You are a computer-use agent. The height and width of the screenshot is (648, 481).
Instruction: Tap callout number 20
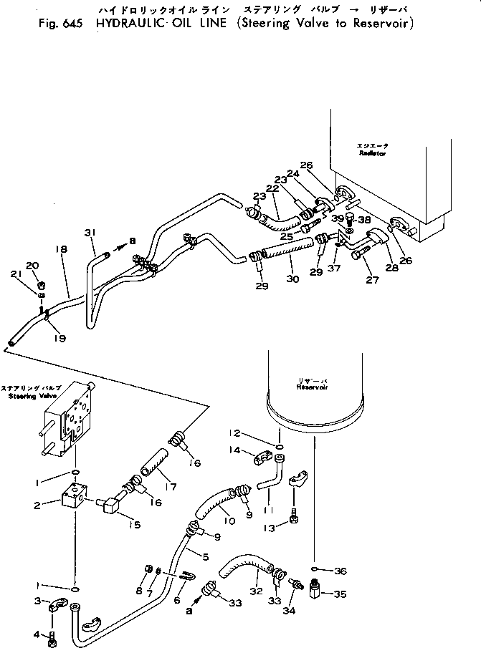click(x=32, y=265)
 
